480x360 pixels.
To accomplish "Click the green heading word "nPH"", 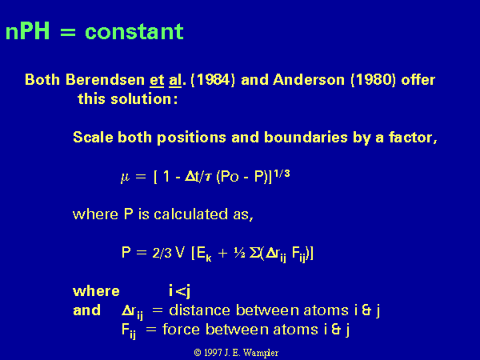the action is (27, 31).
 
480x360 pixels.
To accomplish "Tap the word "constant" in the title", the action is (134, 31).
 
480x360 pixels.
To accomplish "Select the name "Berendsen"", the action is (105, 80).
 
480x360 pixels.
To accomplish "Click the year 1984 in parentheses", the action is (213, 80).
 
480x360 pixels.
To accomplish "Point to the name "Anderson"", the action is (309, 80).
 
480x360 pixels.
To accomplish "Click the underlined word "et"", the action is (157, 81).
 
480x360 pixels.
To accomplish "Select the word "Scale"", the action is (93, 137).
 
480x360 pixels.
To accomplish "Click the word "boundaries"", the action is (306, 137).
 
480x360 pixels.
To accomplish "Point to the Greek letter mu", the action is (126, 178).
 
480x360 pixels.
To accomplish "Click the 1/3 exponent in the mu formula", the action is (282, 174).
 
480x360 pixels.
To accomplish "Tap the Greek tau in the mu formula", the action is (208, 178).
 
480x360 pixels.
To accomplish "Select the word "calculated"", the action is (190, 214).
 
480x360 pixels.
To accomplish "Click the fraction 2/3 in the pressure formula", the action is (162, 253).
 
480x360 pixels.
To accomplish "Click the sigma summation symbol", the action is (254, 253).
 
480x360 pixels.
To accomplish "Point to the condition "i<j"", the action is (180, 291).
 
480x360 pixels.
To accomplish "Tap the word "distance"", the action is (199, 310).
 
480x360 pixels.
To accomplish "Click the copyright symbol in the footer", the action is (198, 353).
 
